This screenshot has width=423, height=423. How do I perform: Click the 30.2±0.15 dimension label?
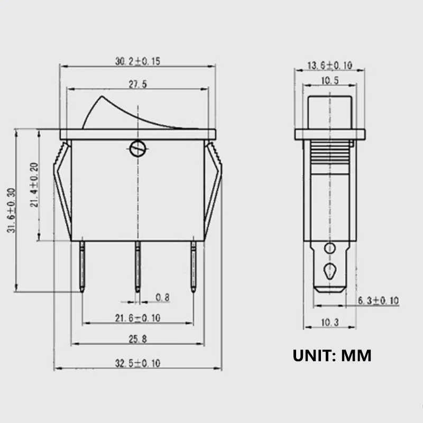(137, 61)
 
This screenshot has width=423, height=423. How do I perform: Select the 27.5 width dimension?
(137, 84)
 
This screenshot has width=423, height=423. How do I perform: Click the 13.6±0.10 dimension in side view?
(330, 66)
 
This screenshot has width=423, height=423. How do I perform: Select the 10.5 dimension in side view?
(330, 81)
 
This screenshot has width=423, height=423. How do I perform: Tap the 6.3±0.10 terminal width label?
(378, 300)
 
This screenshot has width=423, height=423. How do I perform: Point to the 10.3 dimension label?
(330, 322)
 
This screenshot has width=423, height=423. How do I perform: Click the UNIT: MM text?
(332, 355)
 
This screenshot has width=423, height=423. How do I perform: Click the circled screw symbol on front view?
(137, 150)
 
